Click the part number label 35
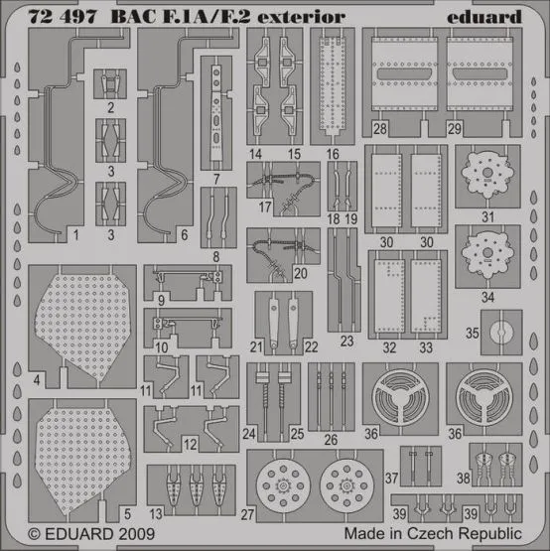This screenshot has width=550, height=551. pyautogui.click(x=473, y=332)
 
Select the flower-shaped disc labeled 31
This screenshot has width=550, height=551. pyautogui.click(x=487, y=176)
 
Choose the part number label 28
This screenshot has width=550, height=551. pyautogui.click(x=380, y=129)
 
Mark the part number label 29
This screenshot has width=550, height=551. pyautogui.click(x=454, y=129)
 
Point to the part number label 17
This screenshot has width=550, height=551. pyautogui.click(x=264, y=207)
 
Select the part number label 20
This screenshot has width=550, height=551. pyautogui.click(x=302, y=272)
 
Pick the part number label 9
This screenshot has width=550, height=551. pyautogui.click(x=161, y=299)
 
